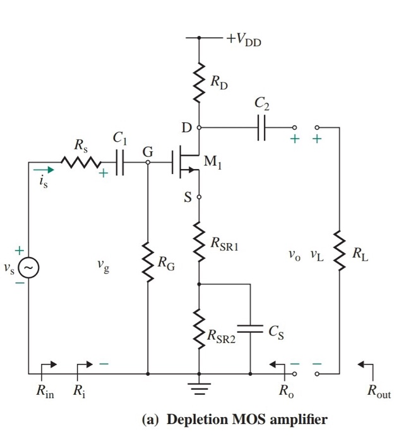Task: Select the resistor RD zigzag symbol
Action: click(200, 82)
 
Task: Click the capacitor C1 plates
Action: click(120, 162)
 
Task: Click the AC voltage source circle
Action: click(28, 268)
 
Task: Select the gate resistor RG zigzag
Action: click(148, 261)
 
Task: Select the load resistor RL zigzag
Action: click(339, 252)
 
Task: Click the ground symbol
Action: click(200, 387)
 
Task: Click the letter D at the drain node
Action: click(186, 128)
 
